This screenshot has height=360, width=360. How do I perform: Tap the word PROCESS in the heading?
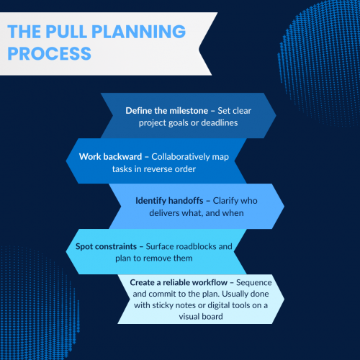coord(49,53)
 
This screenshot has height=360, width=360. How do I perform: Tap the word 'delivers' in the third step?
coord(152,212)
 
